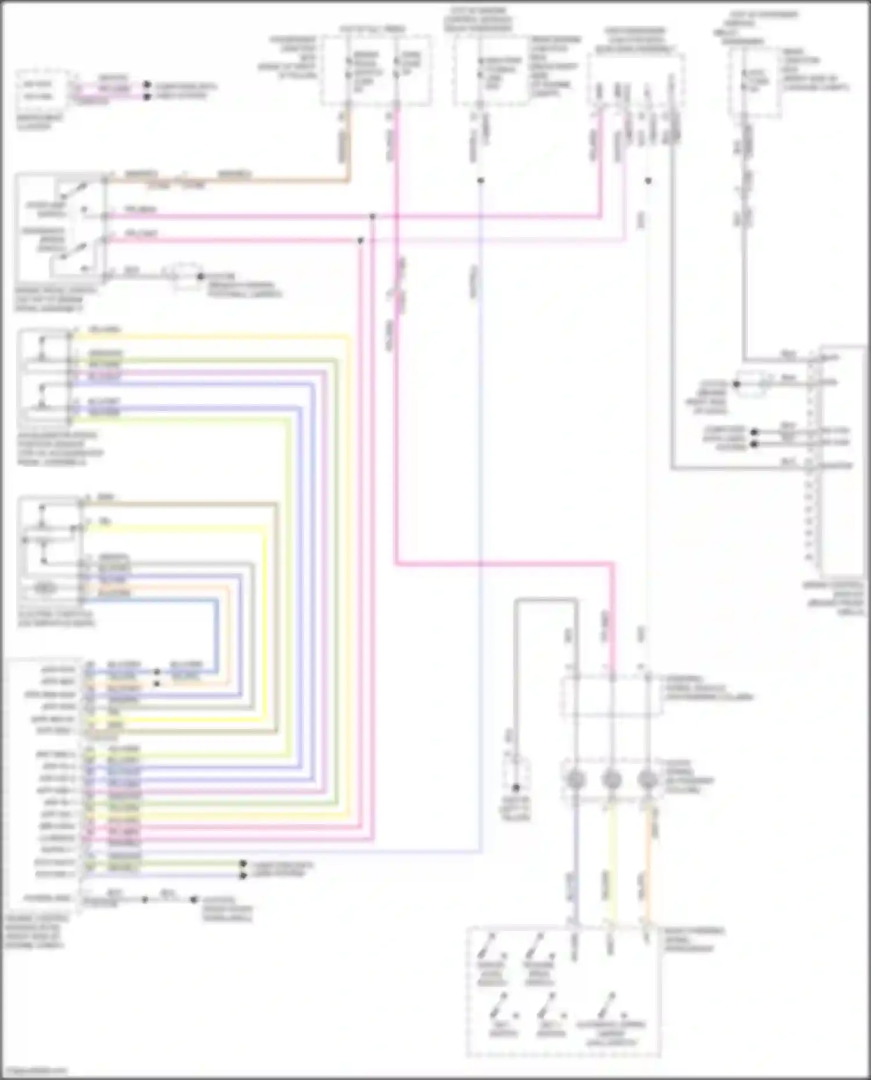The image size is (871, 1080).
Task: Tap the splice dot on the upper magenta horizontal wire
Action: tap(372, 216)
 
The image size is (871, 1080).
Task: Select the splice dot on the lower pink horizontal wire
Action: tap(361, 240)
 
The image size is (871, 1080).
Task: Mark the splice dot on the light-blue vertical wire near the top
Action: tap(480, 180)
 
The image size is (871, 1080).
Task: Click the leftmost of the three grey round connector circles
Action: tap(575, 780)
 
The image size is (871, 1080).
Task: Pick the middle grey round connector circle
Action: tap(611, 780)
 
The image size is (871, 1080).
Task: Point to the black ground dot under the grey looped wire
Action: tap(516, 788)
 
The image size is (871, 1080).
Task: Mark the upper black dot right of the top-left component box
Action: tap(147, 85)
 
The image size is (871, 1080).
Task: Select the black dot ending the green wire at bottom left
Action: tap(243, 864)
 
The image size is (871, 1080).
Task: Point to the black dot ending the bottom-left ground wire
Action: tap(194, 900)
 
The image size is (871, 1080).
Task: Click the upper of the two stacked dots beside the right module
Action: tap(754, 432)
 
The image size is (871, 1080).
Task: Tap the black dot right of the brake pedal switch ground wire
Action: tap(201, 277)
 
